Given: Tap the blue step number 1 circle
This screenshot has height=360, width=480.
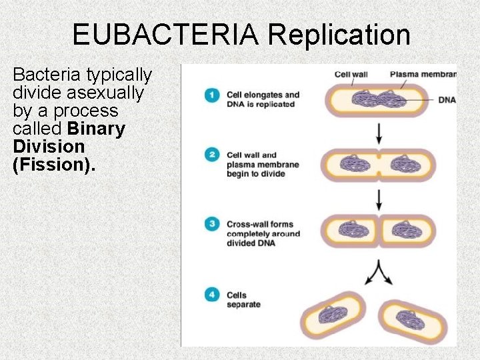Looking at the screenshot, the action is coord(212,95).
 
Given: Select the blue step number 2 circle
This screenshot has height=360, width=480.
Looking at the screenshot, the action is coord(212,155).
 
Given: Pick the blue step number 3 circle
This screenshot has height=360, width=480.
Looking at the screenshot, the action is coord(212,224).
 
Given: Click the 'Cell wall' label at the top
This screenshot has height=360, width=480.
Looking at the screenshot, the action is coord(351,74).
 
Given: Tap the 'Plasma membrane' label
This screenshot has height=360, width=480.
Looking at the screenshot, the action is coord(423,74).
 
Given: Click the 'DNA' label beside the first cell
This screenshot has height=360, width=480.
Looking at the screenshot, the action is coord(447,100).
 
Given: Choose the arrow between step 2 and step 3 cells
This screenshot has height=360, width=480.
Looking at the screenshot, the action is coord(379,199).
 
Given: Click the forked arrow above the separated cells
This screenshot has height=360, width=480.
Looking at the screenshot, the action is coord(379,270).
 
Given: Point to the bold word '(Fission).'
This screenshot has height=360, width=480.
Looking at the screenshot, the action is coord(54,164).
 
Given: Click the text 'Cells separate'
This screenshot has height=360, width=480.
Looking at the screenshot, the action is coord(244,300).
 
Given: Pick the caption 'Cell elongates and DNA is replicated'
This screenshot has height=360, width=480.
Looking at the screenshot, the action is coord(263,99).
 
